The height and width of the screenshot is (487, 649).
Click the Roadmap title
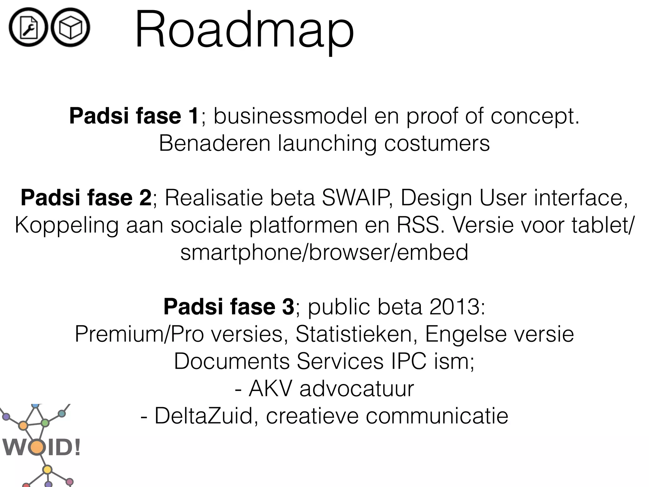244,30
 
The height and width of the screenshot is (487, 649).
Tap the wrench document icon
29,28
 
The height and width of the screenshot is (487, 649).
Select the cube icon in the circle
70,28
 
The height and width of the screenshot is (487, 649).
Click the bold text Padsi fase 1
134,116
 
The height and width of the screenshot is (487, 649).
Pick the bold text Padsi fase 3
229,307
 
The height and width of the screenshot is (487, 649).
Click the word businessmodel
290,116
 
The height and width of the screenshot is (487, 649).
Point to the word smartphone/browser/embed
324,252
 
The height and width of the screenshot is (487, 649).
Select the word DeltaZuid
206,416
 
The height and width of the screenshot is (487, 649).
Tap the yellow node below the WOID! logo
47,469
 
